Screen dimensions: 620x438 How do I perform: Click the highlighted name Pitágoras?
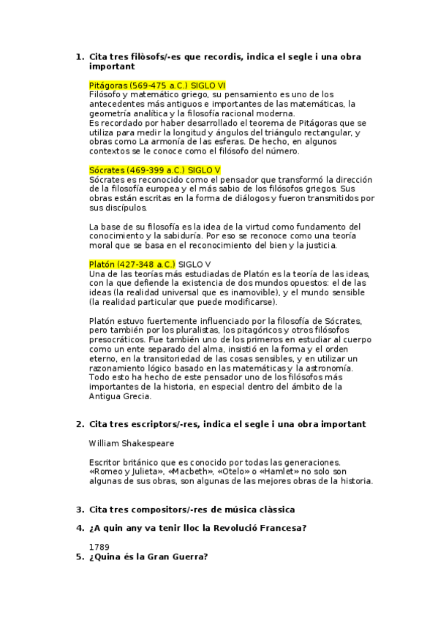(x=108, y=85)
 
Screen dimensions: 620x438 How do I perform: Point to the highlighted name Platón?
(x=102, y=263)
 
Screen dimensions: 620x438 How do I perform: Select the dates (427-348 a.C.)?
(x=146, y=263)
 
